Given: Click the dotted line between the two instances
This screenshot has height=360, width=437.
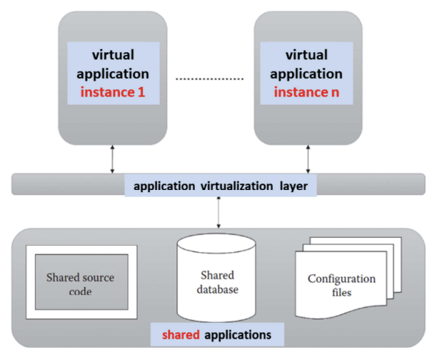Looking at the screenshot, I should click(211, 77).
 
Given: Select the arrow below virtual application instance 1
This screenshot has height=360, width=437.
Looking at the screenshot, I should click(112, 158).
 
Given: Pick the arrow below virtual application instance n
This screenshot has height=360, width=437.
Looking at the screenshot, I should click(308, 158).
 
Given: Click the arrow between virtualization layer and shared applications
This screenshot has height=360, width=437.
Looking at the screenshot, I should click(217, 212).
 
